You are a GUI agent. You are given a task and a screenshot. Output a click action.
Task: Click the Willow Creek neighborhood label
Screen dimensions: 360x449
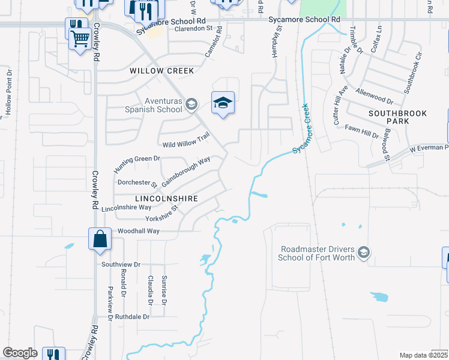(162, 71)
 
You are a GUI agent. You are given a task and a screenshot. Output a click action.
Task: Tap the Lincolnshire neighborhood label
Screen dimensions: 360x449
(158, 198)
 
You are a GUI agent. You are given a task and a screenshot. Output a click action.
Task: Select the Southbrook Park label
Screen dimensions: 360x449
(389, 117)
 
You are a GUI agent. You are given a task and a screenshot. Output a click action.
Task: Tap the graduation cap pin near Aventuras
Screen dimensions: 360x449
(223, 104)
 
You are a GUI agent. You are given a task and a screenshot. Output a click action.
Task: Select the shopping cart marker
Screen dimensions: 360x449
(80, 39)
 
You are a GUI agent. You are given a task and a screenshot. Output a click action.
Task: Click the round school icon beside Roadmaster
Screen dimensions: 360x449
(364, 253)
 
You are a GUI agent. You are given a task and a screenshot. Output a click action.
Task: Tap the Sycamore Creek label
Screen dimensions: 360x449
(303, 128)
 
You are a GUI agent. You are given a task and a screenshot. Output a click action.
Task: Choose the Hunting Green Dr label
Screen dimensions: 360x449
(137, 163)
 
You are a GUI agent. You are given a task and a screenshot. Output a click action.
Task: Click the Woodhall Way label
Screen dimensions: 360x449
(139, 231)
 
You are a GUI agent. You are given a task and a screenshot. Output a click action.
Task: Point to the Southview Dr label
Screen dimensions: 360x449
(121, 264)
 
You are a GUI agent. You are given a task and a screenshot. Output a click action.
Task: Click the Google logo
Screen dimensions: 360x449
(20, 353)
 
